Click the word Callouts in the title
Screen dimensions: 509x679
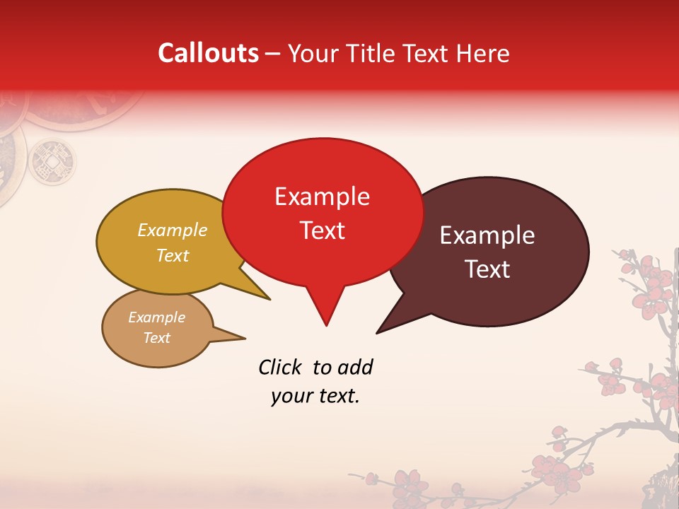point(209,54)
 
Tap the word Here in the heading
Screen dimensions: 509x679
point(484,54)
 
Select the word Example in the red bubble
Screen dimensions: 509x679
point(322,197)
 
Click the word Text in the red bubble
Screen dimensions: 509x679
point(322,230)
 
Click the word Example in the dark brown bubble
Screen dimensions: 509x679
point(487,235)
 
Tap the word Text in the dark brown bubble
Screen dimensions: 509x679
point(487,269)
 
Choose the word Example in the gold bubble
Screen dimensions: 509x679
point(173,230)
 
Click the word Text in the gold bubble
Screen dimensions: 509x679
point(173,256)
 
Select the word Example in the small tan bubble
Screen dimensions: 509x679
point(157,317)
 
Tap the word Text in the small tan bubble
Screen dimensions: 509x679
point(157,338)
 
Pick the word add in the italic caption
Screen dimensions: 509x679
point(355,367)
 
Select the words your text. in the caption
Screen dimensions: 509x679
point(315,397)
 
